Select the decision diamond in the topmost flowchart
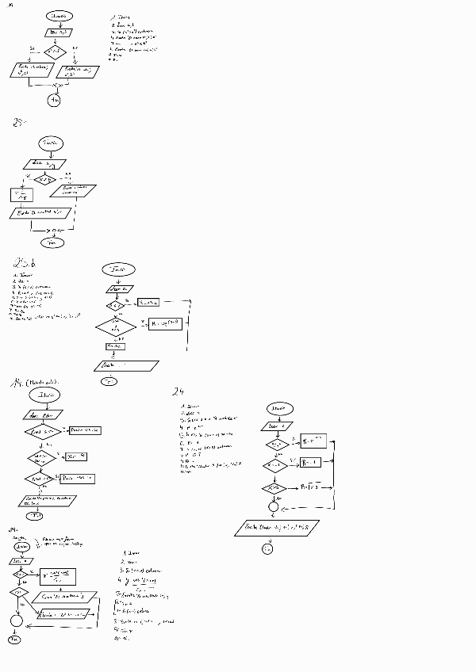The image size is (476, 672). pos(54,52)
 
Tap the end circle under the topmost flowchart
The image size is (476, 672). pos(54,99)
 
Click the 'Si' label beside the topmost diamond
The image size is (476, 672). pos(32,48)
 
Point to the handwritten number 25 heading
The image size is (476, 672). pos(19,122)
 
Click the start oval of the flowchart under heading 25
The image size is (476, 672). pos(52,143)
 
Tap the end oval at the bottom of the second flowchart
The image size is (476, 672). pos(54,242)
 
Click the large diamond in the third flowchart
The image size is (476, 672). pos(116,326)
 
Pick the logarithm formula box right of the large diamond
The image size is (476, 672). pos(165,323)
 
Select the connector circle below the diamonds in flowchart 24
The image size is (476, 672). pos(274,506)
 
